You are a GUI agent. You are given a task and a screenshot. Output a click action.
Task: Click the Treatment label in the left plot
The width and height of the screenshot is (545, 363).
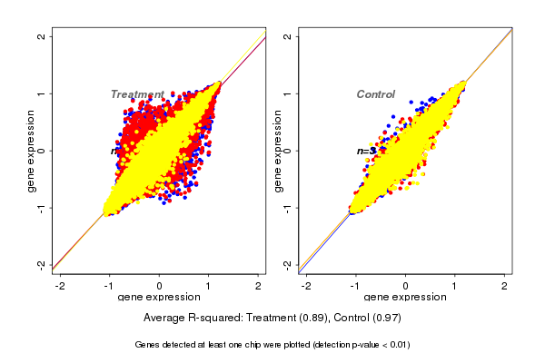pos(137,94)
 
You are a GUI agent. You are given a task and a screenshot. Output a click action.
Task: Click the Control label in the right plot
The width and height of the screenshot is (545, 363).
pos(375,94)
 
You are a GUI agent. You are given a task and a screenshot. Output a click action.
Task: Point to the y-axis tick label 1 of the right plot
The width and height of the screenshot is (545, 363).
pos(288,93)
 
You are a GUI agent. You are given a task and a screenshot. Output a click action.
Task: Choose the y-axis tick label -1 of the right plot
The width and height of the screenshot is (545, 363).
pos(288,207)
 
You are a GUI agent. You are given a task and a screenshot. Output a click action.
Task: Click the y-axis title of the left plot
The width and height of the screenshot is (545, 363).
pos(31,151)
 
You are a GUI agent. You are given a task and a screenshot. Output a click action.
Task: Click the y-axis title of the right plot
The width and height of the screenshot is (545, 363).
pos(277,151)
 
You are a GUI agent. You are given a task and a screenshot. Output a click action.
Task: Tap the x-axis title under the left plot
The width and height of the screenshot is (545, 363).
pos(159,298)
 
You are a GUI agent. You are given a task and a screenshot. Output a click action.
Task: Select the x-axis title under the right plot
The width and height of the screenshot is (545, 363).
pos(405,298)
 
